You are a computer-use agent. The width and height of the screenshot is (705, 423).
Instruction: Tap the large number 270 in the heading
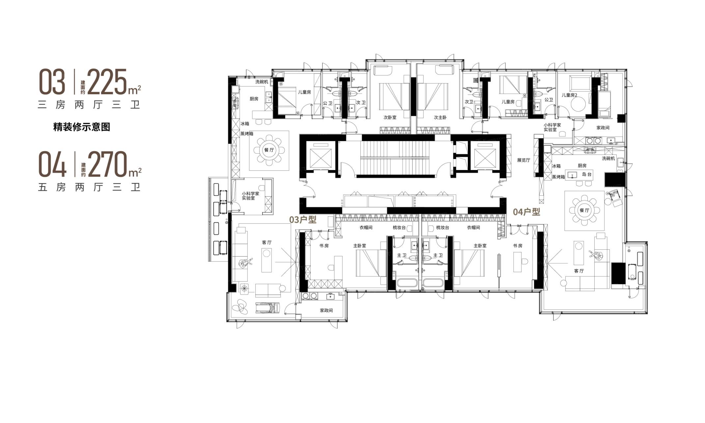(x=108, y=164)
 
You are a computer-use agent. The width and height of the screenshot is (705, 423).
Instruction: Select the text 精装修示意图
(x=82, y=127)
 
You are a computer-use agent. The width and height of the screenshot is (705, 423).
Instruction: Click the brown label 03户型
(x=303, y=220)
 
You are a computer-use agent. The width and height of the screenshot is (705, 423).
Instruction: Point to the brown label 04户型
(x=526, y=212)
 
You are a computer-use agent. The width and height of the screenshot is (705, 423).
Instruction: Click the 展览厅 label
(x=523, y=160)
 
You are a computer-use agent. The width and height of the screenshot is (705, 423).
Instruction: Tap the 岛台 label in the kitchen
(x=587, y=174)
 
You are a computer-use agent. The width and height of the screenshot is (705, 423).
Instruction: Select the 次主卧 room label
(x=440, y=117)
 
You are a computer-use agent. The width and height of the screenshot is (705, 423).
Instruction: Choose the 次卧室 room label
(x=390, y=117)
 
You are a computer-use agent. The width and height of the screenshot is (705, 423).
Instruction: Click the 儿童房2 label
(x=570, y=95)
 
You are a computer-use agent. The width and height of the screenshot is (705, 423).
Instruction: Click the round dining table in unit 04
(x=584, y=211)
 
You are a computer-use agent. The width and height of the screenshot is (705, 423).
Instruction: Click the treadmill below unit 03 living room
(x=268, y=308)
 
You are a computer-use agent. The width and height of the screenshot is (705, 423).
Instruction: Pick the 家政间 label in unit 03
(x=326, y=310)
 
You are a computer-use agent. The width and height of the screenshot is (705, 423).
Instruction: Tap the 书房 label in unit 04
(x=518, y=246)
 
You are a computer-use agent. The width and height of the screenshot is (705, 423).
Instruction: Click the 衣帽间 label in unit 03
(x=366, y=228)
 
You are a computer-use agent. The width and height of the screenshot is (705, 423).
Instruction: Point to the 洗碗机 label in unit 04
(x=608, y=158)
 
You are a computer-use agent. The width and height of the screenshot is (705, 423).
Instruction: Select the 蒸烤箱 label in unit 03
(x=247, y=134)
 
